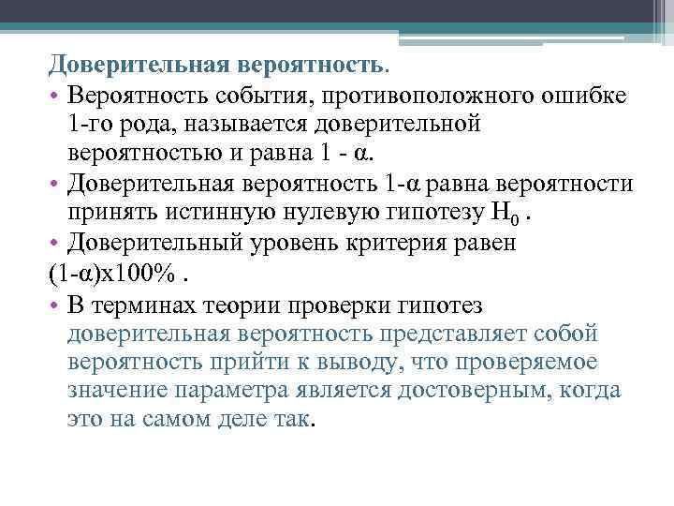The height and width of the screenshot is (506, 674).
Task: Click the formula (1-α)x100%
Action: [x=110, y=275]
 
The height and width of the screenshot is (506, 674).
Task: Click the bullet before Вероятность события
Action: [x=54, y=97]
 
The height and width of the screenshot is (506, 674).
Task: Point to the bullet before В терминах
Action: [x=54, y=305]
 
